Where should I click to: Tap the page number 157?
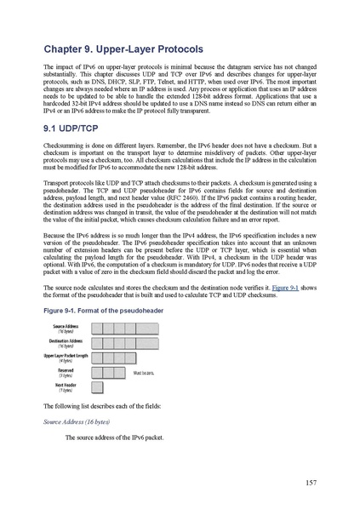point(311,483)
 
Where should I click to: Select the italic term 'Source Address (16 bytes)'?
point(78,420)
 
